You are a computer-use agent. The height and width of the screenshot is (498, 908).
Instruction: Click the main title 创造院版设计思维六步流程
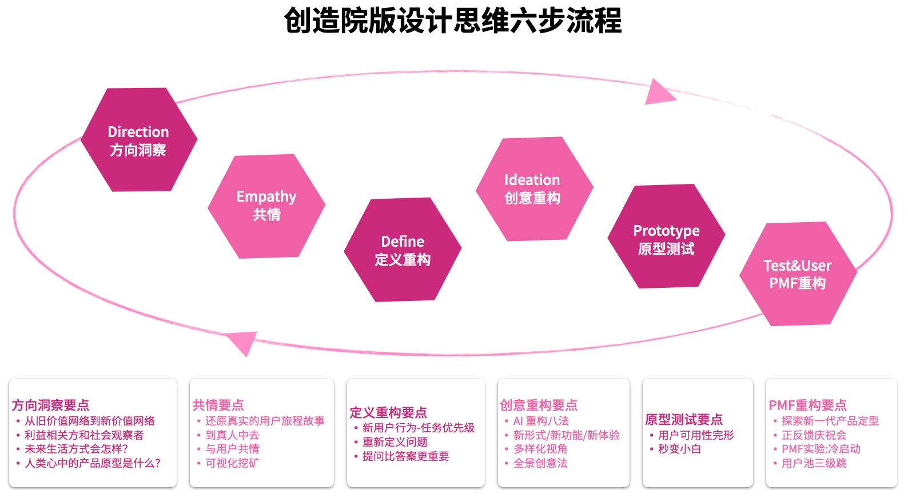pyautogui.click(x=453, y=21)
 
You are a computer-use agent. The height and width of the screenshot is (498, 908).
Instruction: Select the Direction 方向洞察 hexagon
pyautogui.click(x=139, y=140)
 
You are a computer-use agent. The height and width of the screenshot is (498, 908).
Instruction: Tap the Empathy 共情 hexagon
pyautogui.click(x=266, y=206)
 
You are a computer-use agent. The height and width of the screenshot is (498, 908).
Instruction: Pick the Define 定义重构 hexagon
pyautogui.click(x=403, y=250)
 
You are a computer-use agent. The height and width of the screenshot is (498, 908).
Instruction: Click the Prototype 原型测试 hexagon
pyautogui.click(x=666, y=236)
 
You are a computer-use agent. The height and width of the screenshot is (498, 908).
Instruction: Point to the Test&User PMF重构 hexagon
pyautogui.click(x=798, y=274)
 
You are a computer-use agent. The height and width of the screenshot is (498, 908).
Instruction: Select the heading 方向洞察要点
pyautogui.click(x=51, y=405)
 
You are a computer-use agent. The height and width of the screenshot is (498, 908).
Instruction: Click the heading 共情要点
pyautogui.click(x=218, y=405)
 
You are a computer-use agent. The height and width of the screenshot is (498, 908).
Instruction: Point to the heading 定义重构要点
pyautogui.click(x=388, y=413)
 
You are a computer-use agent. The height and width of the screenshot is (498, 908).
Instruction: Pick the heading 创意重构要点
pyautogui.click(x=539, y=405)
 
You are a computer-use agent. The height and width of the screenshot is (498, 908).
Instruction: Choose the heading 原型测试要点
pyautogui.click(x=684, y=420)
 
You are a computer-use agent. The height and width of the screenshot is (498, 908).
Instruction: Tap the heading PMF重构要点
pyautogui.click(x=807, y=405)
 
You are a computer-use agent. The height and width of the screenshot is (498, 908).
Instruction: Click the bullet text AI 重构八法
pyautogui.click(x=541, y=421)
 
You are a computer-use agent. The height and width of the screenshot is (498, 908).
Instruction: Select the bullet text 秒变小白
pyautogui.click(x=679, y=449)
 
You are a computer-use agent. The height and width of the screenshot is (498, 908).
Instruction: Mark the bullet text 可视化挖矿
pyautogui.click(x=232, y=463)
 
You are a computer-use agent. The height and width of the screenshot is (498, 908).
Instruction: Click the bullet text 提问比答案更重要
pyautogui.click(x=406, y=456)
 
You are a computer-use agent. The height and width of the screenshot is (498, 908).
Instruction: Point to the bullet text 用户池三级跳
pyautogui.click(x=814, y=463)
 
